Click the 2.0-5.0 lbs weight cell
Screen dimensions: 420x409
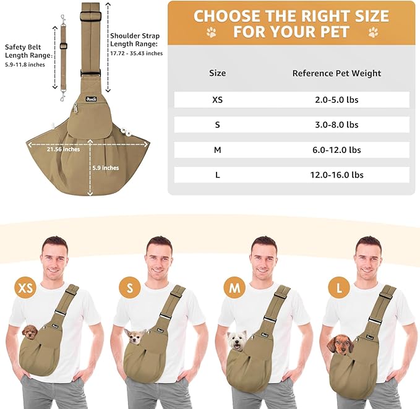pyautogui.click(x=336, y=100)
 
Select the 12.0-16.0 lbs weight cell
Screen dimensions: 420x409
pyautogui.click(x=336, y=174)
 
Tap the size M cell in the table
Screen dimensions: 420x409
pyautogui.click(x=218, y=150)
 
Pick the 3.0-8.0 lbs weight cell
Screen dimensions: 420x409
pyautogui.click(x=336, y=124)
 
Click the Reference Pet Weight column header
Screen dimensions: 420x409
pyautogui.click(x=336, y=73)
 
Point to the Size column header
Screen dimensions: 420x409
pyautogui.click(x=217, y=73)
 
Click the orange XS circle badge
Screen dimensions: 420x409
pyautogui.click(x=25, y=288)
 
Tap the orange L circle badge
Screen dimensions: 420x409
pyautogui.click(x=339, y=288)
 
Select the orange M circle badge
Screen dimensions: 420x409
pyautogui.click(x=234, y=288)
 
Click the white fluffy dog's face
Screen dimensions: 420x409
pyautogui.click(x=238, y=340)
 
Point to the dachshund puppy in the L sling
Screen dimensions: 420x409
pyautogui.click(x=340, y=345)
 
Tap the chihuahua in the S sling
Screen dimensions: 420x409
pyautogui.click(x=135, y=337)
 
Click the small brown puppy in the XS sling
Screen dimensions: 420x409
pyautogui.click(x=30, y=332)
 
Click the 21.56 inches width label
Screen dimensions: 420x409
pyautogui.click(x=64, y=149)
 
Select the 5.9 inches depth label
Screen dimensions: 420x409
pyautogui.click(x=106, y=168)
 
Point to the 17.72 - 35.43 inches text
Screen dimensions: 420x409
pyautogui.click(x=136, y=53)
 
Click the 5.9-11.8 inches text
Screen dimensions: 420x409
pyautogui.click(x=25, y=64)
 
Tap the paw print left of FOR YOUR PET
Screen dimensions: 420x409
pyautogui.click(x=212, y=32)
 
